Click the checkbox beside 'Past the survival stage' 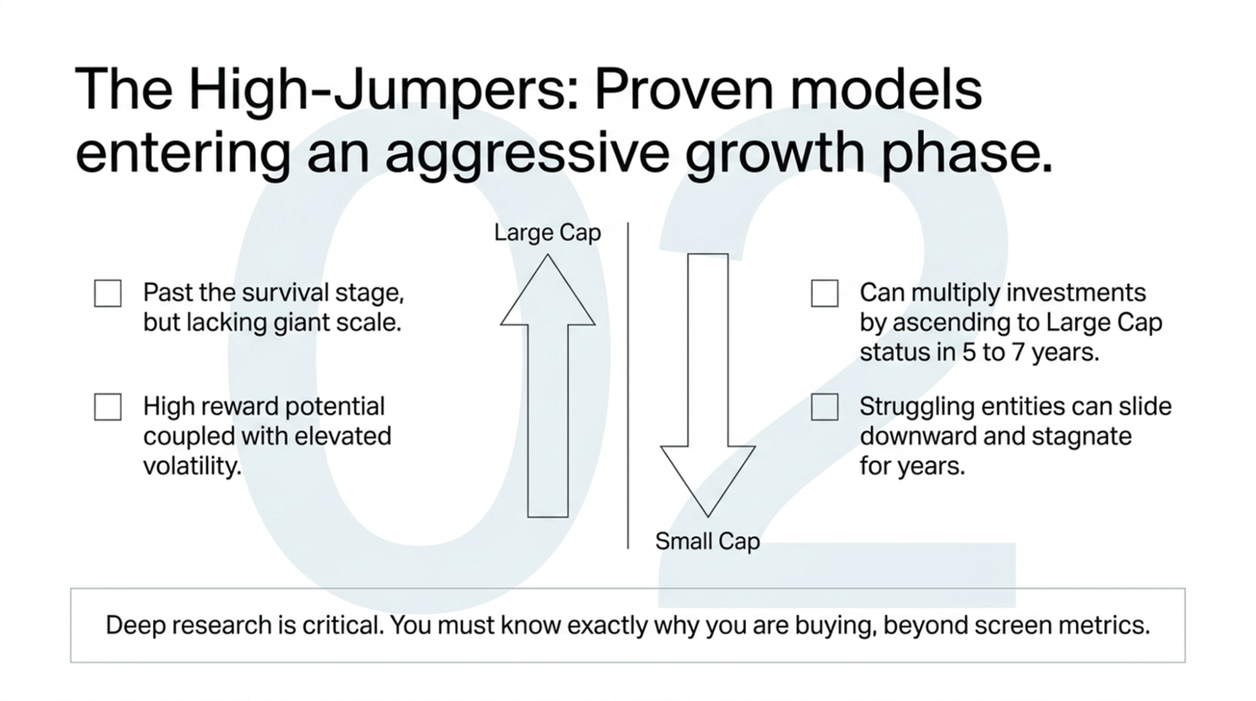pos(107,293)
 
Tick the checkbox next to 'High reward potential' pos(107,407)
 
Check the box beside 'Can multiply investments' pos(824,293)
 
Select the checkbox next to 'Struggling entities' pos(824,407)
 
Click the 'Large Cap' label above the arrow pos(547,233)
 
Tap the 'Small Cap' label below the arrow pos(707,541)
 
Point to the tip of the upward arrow pos(547,257)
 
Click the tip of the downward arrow pos(707,514)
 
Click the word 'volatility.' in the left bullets pos(192,467)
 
